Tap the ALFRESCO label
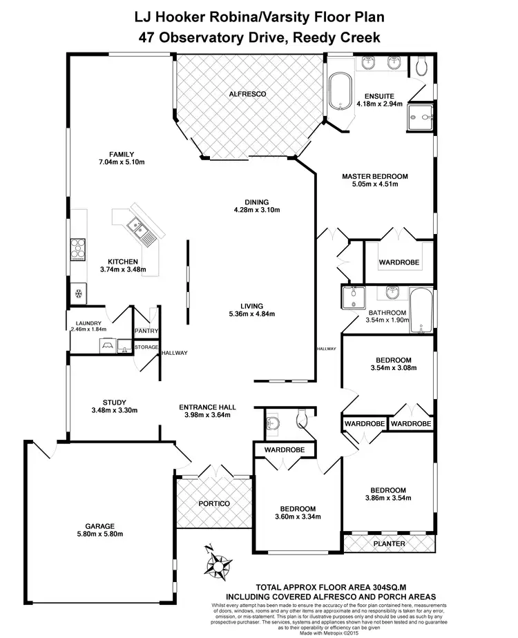(x=247, y=94)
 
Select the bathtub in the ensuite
(x=338, y=90)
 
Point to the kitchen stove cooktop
(x=77, y=248)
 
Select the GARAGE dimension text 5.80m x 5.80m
(x=99, y=534)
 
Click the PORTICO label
(x=214, y=503)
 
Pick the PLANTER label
(x=389, y=543)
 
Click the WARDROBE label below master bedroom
(x=399, y=263)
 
